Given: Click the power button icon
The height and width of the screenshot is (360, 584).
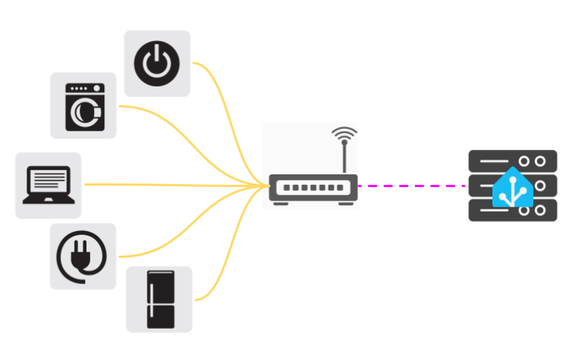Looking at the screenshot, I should coord(156,63).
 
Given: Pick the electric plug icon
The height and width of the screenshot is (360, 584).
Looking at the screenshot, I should coord(82,256).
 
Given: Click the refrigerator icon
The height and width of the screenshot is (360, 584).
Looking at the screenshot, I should coord(159,299).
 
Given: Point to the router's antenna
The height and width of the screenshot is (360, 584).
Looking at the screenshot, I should coord(343,157).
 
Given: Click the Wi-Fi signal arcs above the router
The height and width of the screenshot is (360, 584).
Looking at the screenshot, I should coord(343,135).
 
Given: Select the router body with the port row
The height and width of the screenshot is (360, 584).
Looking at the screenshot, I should coord(312,188).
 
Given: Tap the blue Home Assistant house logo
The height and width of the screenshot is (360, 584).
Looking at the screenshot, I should coord(512,188).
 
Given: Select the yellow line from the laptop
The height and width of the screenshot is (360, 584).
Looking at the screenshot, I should coord(164,184).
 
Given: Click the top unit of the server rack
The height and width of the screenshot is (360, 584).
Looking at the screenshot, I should coord(512,160).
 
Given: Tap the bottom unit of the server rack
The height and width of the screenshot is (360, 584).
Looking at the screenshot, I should coord(512,212).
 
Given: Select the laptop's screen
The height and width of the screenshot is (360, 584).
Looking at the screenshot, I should coord(48,180).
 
